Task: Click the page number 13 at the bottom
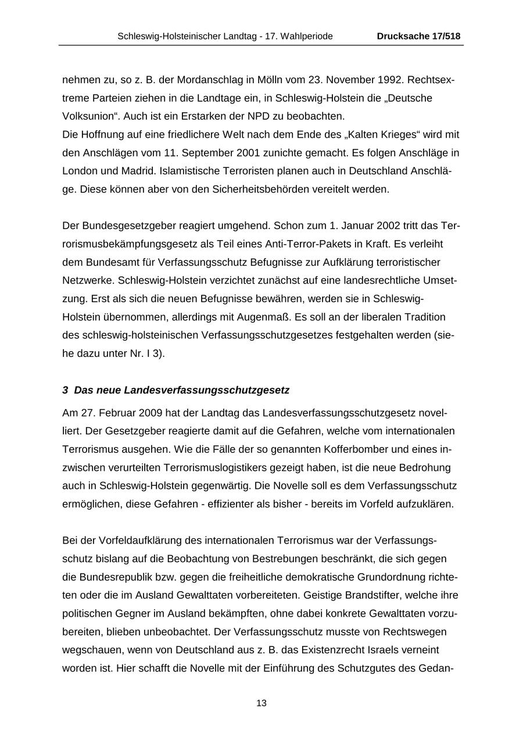click(x=261, y=703)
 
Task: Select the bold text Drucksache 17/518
click(x=418, y=36)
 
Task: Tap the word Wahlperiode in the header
click(x=307, y=36)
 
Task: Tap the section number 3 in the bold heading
click(x=65, y=390)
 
